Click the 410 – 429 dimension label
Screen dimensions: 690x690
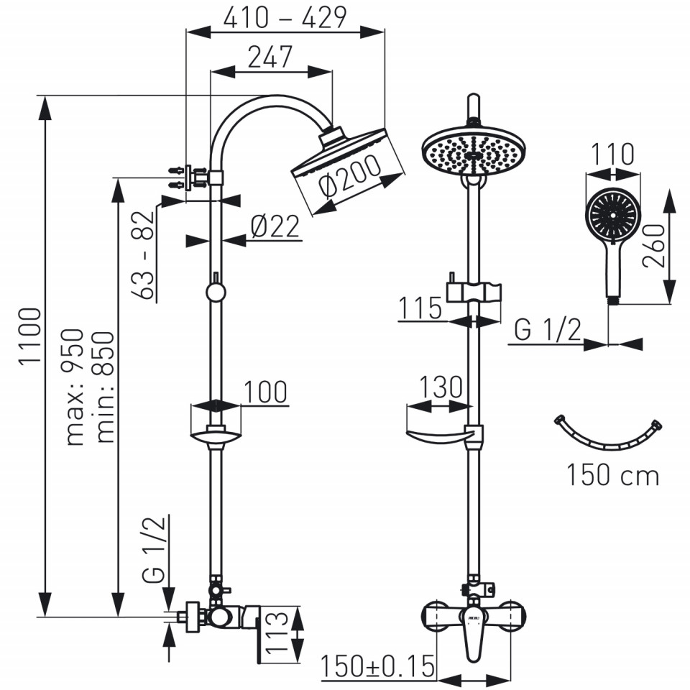click(285, 17)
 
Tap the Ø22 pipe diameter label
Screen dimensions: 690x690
click(275, 226)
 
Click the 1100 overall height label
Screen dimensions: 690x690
click(30, 336)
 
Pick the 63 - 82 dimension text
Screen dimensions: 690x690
click(143, 256)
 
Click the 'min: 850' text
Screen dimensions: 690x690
click(105, 387)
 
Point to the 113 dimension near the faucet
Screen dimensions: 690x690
click(277, 632)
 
